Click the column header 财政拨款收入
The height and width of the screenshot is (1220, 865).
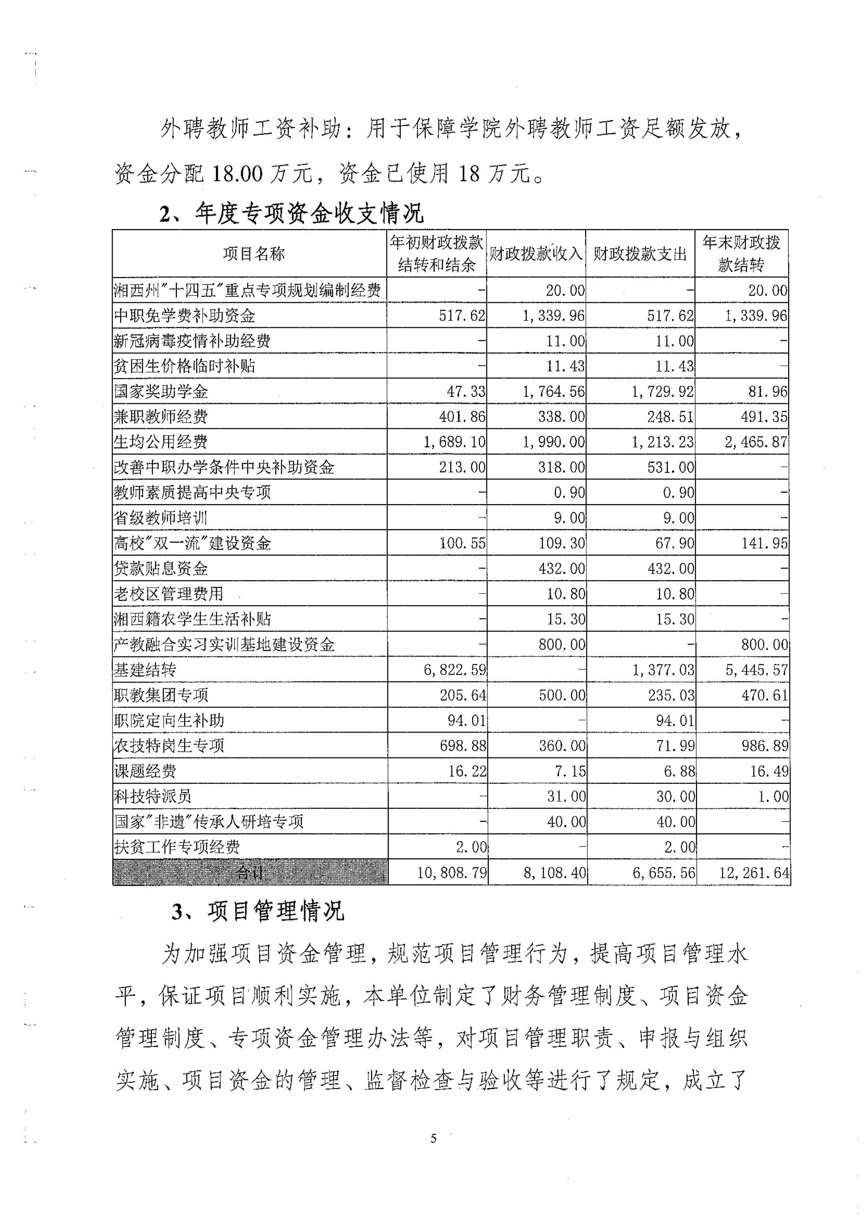click(536, 254)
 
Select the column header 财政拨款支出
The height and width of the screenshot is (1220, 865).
click(640, 254)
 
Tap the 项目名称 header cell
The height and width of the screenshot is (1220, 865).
click(254, 254)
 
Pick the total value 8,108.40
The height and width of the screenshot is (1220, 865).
click(554, 873)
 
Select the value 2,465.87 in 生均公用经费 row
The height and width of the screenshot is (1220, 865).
click(755, 442)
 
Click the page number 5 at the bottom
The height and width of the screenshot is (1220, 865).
click(433, 1139)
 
